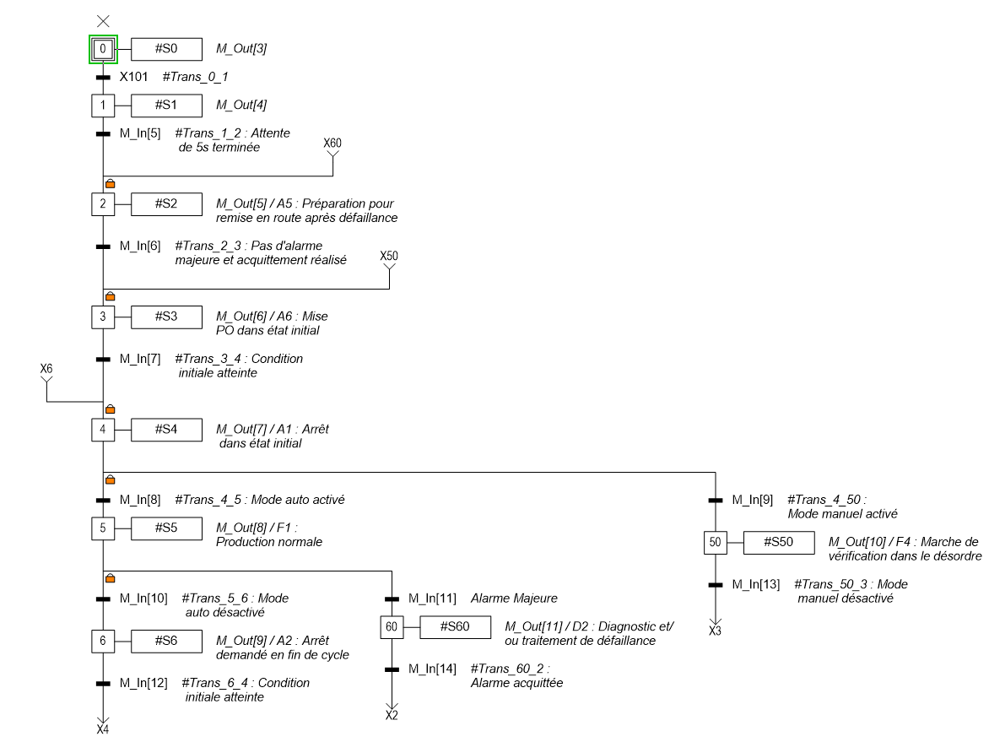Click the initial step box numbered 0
(x=103, y=50)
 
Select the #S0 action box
(x=166, y=50)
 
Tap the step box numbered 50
(x=715, y=542)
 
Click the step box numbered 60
(x=392, y=627)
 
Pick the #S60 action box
(x=455, y=627)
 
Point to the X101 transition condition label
(x=133, y=77)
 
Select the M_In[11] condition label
(x=432, y=598)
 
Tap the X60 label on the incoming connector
(x=332, y=144)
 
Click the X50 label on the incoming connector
(x=389, y=256)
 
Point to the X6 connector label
(x=46, y=369)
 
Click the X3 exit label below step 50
(x=715, y=631)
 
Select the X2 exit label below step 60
(x=392, y=716)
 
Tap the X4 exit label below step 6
(x=103, y=728)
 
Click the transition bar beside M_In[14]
(x=392, y=669)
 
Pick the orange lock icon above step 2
(x=110, y=183)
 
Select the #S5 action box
(x=166, y=528)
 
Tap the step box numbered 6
(x=103, y=641)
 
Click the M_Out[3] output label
(x=241, y=50)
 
